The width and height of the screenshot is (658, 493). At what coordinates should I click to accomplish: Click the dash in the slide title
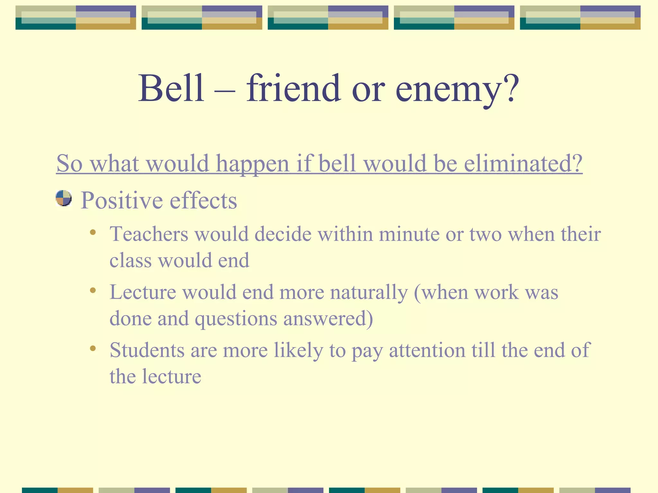click(225, 91)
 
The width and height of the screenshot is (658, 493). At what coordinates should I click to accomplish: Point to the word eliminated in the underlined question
click(523, 163)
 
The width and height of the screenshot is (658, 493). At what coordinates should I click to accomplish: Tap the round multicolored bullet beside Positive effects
click(63, 198)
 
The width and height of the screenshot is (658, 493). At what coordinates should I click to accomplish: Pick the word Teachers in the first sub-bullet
click(149, 234)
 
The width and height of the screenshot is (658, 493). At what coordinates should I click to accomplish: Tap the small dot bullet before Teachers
click(93, 232)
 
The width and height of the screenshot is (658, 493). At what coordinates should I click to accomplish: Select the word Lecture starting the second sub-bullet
click(143, 292)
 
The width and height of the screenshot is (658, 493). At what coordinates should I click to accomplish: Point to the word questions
click(236, 319)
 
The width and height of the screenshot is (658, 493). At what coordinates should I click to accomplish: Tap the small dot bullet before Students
click(93, 349)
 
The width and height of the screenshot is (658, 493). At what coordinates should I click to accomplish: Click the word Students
click(147, 350)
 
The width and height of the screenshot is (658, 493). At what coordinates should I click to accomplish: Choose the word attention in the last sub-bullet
click(427, 350)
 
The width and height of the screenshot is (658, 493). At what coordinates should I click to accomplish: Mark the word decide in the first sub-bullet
click(283, 234)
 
